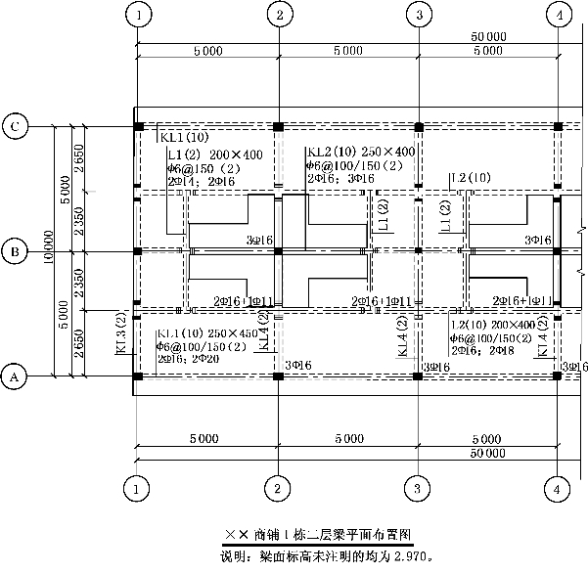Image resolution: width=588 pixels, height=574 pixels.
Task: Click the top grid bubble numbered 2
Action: pyautogui.click(x=280, y=16)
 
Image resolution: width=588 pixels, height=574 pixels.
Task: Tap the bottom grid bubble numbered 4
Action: pyautogui.click(x=558, y=485)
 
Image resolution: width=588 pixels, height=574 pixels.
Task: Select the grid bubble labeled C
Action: pyautogui.click(x=15, y=126)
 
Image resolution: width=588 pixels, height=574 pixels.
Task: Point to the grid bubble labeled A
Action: pyautogui.click(x=15, y=375)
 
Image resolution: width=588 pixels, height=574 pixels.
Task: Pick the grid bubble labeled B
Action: pyautogui.click(x=15, y=251)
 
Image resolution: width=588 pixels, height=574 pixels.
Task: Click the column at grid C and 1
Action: pyautogui.click(x=139, y=127)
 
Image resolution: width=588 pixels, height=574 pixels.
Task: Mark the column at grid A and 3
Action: pyautogui.click(x=419, y=375)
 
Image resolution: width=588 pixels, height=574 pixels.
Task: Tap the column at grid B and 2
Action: pyautogui.click(x=279, y=251)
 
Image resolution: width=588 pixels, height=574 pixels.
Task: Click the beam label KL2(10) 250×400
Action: pyautogui.click(x=360, y=152)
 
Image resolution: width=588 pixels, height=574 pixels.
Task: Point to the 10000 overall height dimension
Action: pyautogui.click(x=49, y=251)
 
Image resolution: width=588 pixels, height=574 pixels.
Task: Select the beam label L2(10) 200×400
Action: pyautogui.click(x=494, y=324)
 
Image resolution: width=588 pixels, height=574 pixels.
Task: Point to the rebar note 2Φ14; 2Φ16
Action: pyautogui.click(x=202, y=181)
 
